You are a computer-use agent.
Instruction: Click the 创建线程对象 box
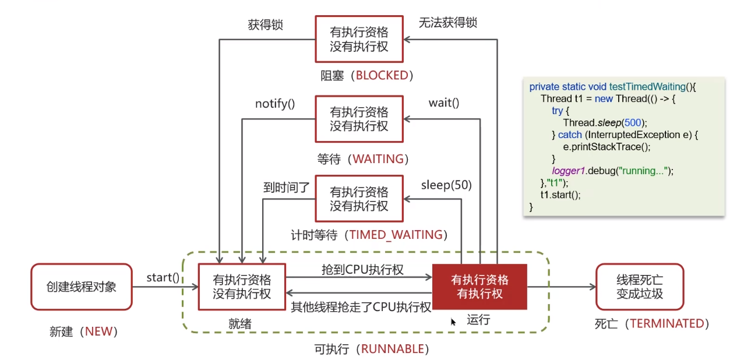(x=82, y=287)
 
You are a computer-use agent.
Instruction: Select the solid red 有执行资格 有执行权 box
(x=479, y=287)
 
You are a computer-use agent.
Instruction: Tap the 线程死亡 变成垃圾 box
(x=640, y=287)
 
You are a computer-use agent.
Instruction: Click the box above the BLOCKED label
(x=359, y=39)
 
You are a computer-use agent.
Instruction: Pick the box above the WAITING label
(x=359, y=119)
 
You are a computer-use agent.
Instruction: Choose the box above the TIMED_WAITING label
(x=359, y=199)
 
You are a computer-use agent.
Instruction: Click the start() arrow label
(x=163, y=277)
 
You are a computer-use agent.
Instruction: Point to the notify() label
(x=275, y=104)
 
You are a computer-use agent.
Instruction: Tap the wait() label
(x=444, y=103)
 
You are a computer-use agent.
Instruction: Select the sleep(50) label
(x=446, y=185)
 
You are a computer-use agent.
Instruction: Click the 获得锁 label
(x=266, y=25)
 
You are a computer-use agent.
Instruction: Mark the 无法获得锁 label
(x=447, y=23)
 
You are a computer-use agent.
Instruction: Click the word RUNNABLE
(x=392, y=349)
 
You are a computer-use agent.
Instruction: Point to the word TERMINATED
(x=667, y=323)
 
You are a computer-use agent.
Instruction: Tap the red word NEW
(x=98, y=331)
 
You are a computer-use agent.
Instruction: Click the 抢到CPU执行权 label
(x=362, y=270)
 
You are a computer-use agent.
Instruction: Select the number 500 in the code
(x=633, y=122)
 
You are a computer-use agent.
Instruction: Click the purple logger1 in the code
(x=568, y=171)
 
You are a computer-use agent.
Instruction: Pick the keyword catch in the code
(x=570, y=135)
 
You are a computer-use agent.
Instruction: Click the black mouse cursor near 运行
(x=453, y=322)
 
